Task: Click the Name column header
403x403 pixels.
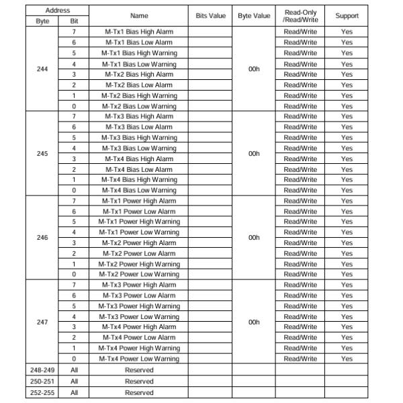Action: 139,15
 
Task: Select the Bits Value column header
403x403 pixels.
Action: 210,15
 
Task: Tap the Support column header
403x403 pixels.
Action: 347,15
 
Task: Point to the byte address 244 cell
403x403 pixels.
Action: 42,69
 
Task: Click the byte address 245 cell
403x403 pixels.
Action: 42,153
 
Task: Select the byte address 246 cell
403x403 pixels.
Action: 42,237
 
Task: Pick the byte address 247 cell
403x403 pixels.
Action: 42,322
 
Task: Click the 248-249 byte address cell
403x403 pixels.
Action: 42,370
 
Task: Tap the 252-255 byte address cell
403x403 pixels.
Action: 42,392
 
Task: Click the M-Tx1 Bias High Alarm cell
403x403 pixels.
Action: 139,32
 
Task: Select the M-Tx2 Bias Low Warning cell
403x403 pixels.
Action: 139,106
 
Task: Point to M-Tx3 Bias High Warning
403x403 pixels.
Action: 139,138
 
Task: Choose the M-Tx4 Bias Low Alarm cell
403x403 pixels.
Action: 139,169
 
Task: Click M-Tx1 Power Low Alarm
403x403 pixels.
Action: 139,212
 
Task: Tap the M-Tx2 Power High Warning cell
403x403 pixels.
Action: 139,264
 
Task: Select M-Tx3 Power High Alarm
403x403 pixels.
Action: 139,285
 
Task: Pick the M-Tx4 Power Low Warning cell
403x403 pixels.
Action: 139,359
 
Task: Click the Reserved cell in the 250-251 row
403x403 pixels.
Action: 139,381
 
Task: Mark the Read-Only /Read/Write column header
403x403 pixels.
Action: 300,15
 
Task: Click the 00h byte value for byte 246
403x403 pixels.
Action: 253,237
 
